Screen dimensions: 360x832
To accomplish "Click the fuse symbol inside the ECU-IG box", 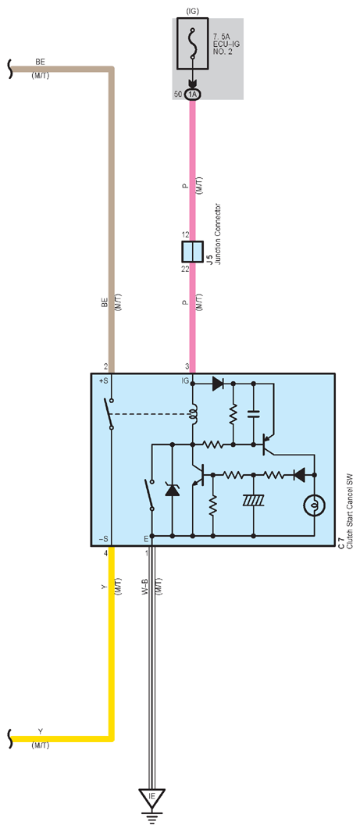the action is (x=192, y=45).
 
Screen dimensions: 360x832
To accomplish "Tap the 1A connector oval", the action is (x=192, y=94).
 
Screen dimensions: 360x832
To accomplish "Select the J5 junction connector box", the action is (x=192, y=250).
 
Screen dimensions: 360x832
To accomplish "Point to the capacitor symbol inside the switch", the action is (x=254, y=412).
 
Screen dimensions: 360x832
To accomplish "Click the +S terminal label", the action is (x=103, y=381).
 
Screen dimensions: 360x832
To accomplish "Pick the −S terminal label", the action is (x=103, y=539).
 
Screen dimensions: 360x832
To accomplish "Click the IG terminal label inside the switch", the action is (x=185, y=381).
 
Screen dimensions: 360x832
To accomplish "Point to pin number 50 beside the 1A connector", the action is (x=177, y=94).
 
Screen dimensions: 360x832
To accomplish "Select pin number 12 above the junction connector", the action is (x=185, y=234).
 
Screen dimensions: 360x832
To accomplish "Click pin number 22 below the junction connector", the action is (x=185, y=270).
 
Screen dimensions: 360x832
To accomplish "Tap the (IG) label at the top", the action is (x=192, y=11).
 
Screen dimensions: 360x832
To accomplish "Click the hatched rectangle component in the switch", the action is (x=254, y=500).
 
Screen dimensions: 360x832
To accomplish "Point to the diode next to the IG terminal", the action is (x=217, y=383).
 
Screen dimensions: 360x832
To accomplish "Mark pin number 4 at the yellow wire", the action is (x=106, y=553).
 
